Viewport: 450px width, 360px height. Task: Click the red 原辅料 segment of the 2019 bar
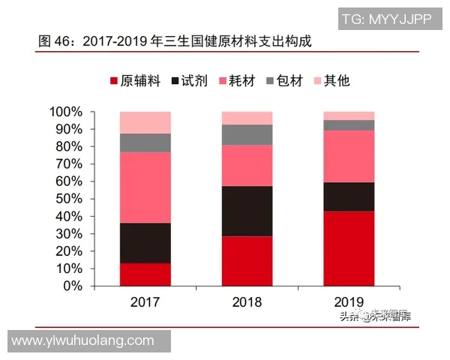click(x=349, y=248)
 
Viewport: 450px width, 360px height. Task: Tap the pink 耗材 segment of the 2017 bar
click(x=145, y=187)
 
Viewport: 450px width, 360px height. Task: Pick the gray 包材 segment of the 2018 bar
click(x=247, y=134)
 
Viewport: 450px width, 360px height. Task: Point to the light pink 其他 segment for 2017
click(x=145, y=122)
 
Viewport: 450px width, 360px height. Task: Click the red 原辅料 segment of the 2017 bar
click(x=145, y=274)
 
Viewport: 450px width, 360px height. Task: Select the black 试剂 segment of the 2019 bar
click(x=349, y=196)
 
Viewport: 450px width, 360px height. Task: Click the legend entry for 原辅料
click(x=136, y=80)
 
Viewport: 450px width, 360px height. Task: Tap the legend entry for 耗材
click(x=238, y=80)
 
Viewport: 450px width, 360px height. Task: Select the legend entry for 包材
click(x=285, y=80)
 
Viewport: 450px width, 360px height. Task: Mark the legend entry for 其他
click(x=331, y=80)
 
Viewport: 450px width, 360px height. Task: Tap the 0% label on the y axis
click(x=73, y=286)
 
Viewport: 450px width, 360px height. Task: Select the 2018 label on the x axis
click(x=247, y=302)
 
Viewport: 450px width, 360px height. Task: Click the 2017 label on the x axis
click(x=145, y=302)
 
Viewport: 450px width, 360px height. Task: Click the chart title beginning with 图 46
click(x=175, y=41)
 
